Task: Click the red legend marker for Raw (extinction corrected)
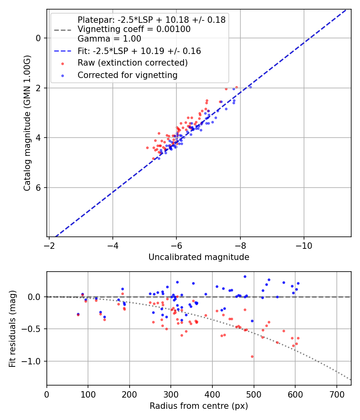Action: pos(62,63)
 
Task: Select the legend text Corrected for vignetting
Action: pos(127,75)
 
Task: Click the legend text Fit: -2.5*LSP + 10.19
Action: pos(139,51)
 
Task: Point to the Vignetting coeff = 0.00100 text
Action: pos(134,29)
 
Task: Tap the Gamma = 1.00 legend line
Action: pos(109,39)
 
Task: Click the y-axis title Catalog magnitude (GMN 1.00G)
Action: pos(27,123)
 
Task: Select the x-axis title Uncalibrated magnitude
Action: pos(199,257)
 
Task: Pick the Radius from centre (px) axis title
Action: pos(199,406)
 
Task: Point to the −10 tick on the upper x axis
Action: pos(304,244)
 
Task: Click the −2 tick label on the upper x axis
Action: pos(49,244)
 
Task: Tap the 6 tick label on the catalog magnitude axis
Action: pos(39,188)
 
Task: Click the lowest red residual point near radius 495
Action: pos(252,356)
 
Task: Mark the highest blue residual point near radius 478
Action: pos(245,276)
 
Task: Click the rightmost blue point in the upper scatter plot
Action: pos(250,87)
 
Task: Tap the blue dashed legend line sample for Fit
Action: pos(62,51)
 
